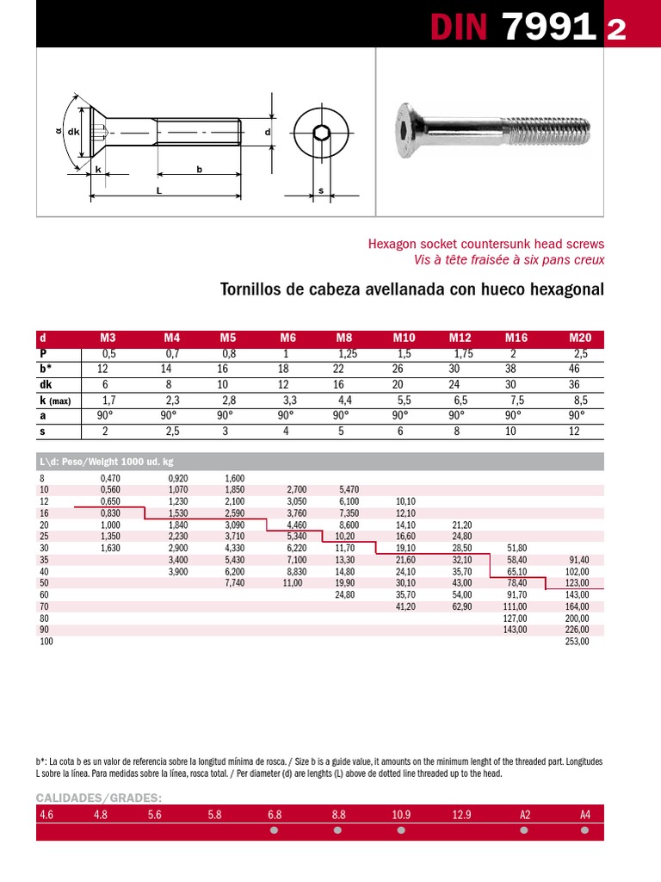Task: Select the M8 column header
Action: [344, 339]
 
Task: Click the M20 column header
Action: [580, 339]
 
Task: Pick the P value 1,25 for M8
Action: [347, 354]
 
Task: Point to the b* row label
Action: [46, 370]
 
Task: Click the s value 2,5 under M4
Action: [172, 432]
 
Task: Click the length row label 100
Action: [46, 642]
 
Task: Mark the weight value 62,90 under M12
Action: [462, 607]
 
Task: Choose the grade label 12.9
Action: [461, 814]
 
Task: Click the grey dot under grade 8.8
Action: [337, 830]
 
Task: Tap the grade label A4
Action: [585, 814]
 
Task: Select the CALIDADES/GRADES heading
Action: [99, 798]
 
